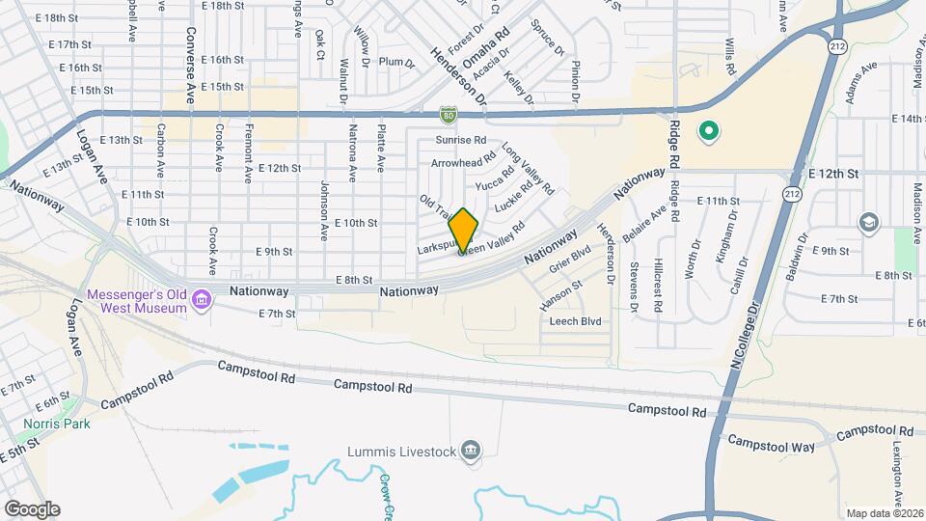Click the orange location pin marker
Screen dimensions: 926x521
(x=464, y=230)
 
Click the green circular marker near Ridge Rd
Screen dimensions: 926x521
(x=709, y=131)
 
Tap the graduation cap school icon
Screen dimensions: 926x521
(x=868, y=223)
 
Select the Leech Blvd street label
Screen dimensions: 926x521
(x=575, y=321)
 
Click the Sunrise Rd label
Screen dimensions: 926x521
(x=458, y=141)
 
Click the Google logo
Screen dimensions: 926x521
(x=32, y=509)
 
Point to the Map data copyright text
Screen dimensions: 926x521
(x=884, y=513)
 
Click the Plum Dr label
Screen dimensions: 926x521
(x=395, y=63)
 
